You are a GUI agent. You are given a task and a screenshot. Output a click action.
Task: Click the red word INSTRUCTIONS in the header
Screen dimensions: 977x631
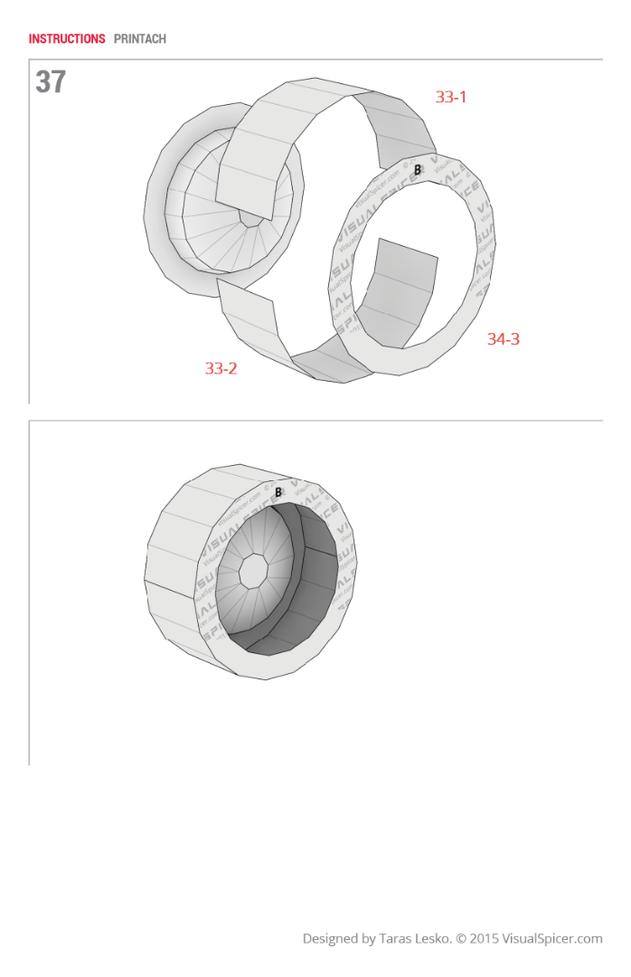[x=67, y=39]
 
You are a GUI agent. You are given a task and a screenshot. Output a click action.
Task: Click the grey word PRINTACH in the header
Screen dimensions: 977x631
[x=140, y=39]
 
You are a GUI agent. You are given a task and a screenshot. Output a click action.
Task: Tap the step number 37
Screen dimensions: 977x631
[x=51, y=82]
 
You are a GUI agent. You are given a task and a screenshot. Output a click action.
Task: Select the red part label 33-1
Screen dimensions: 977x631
[x=451, y=97]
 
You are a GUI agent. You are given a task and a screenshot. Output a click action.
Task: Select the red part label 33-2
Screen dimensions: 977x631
[x=221, y=368]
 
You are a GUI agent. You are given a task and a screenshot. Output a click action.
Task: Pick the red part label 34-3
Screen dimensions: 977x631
[x=504, y=339]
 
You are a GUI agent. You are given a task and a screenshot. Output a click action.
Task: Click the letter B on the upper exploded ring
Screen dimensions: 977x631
[x=418, y=169]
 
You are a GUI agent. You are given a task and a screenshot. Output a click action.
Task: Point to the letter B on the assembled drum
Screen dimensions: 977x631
[x=278, y=492]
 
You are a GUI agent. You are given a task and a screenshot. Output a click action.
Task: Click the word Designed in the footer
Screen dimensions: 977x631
[x=330, y=939]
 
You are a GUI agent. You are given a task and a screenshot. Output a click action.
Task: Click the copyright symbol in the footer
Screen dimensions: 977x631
[x=460, y=939]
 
